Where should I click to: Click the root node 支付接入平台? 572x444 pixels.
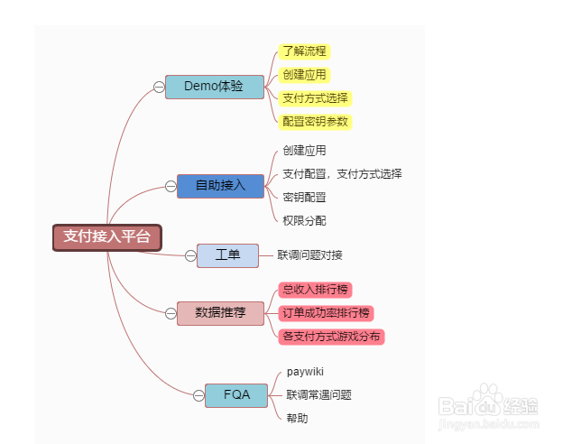coord(106,237)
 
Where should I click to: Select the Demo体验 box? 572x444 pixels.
coord(214,87)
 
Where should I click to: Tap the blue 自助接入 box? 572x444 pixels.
coord(220,185)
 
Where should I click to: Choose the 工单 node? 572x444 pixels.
coord(227,255)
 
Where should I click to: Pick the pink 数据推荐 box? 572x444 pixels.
coord(220,312)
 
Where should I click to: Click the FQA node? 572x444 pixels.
coord(236,394)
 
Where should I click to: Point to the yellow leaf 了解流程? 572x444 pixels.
coord(304,51)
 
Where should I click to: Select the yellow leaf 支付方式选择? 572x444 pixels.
coord(315,97)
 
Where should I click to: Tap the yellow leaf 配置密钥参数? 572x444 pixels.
coord(315,121)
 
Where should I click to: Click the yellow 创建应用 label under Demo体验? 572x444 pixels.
coord(304,74)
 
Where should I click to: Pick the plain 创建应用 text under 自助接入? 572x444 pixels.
coord(304,151)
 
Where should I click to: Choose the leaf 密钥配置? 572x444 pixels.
coord(304,197)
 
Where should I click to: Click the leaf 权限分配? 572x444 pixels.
coord(304,220)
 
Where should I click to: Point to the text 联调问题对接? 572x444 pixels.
coord(309,255)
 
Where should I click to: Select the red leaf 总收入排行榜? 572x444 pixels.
coord(315,290)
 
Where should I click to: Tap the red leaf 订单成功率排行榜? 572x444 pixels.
coord(326,312)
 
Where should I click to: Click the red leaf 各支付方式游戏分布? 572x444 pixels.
coord(331,336)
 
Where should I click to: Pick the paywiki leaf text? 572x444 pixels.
coord(305,371)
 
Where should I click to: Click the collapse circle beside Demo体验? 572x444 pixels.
coord(159,87)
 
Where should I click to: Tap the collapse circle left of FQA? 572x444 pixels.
coord(198,394)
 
